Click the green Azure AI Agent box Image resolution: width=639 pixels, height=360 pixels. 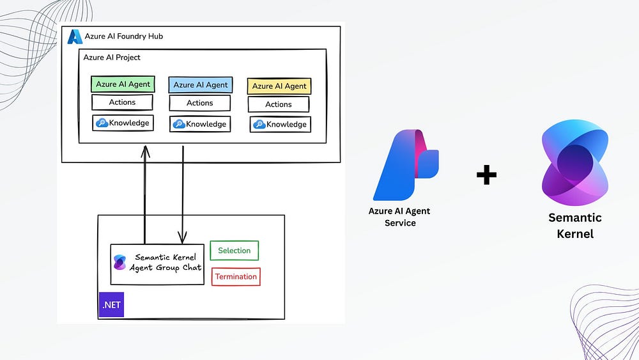(123, 84)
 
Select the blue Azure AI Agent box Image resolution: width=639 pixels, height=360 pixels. (200, 85)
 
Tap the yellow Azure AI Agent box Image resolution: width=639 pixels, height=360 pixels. (279, 86)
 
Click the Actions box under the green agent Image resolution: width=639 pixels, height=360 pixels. (122, 102)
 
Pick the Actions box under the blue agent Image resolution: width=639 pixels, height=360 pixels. (200, 103)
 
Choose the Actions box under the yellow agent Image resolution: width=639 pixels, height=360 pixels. (279, 104)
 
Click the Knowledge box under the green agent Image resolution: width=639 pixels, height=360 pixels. (123, 123)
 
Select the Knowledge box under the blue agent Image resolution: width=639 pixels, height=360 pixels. (200, 123)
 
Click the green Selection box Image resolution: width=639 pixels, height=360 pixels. (235, 251)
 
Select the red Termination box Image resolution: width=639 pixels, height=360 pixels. (236, 277)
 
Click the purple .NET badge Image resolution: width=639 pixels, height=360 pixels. (111, 305)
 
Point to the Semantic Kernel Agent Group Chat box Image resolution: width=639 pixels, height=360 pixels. (148, 263)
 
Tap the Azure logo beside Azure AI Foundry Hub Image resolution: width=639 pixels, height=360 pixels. (75, 36)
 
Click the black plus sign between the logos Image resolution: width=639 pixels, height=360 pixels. (486, 175)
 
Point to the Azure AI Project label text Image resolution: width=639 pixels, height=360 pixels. (112, 58)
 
